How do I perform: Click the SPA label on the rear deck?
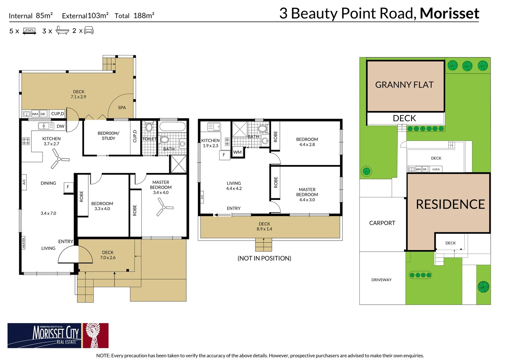point(122,108)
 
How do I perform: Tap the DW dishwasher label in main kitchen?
point(60,126)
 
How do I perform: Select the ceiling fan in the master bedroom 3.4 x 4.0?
point(164,207)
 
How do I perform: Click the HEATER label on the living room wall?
point(23,243)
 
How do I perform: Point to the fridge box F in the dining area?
point(68,187)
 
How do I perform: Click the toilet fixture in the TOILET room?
point(149,127)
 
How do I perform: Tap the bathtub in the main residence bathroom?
point(172,126)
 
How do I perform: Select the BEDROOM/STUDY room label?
point(108,136)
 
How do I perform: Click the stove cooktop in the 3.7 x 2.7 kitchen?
point(26,141)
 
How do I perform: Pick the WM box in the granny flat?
point(238,152)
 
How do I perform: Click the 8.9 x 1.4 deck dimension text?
point(264,229)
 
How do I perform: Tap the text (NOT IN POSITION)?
point(264,258)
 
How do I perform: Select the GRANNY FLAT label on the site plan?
point(404,85)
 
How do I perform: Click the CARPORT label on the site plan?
point(382,223)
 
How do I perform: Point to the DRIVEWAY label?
point(381,280)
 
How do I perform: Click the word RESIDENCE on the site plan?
point(450,204)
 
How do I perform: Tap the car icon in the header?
point(89,31)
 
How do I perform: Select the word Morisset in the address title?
point(449,13)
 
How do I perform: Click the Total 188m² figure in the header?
point(134,16)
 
